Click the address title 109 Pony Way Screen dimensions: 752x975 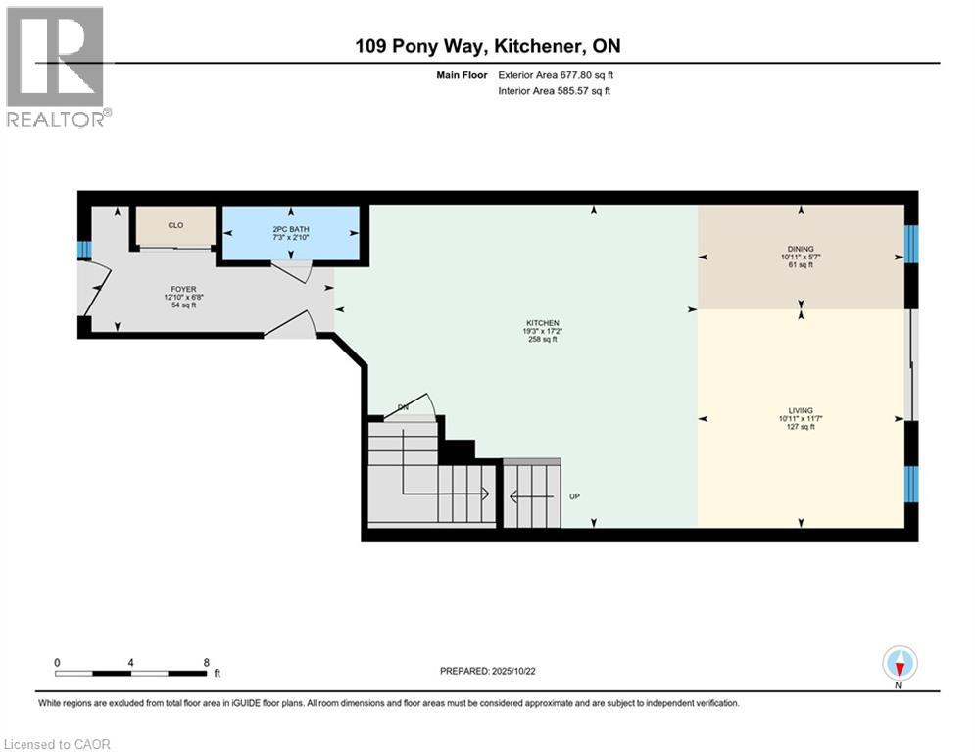coord(487,46)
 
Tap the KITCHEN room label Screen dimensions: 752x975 coord(542,323)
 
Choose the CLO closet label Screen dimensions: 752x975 coord(175,225)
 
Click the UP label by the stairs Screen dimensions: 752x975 coord(575,496)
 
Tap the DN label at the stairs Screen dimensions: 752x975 coord(403,407)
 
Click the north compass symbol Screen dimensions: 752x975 coord(899,664)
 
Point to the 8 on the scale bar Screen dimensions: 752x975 coord(206,662)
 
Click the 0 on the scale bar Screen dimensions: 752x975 coord(57,662)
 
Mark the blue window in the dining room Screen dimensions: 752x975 coord(912,244)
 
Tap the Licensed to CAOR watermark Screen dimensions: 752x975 coord(57,744)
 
